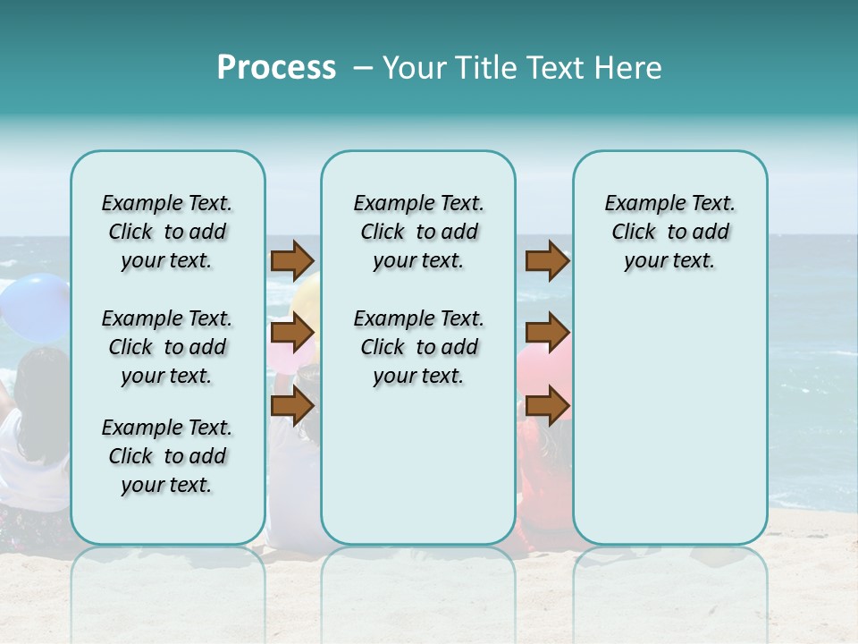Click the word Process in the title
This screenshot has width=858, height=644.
point(276,68)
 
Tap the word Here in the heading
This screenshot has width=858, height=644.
point(627,68)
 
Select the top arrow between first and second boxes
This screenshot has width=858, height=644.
point(291,260)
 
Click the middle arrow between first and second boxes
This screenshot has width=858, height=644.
point(291,333)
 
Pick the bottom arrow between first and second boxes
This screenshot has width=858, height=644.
point(291,405)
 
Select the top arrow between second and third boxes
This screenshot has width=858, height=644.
point(547,260)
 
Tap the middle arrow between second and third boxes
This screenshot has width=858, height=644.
point(547,333)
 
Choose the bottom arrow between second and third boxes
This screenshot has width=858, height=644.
point(547,405)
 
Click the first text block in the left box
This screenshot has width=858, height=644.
point(167,232)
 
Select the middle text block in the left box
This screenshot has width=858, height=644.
point(167,347)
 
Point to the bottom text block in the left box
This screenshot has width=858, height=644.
point(167,456)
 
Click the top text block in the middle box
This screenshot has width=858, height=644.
point(418,232)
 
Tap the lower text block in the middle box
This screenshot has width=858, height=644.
point(418,347)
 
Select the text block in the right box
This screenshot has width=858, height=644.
point(669,232)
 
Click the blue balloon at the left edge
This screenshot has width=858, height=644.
point(34,307)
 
